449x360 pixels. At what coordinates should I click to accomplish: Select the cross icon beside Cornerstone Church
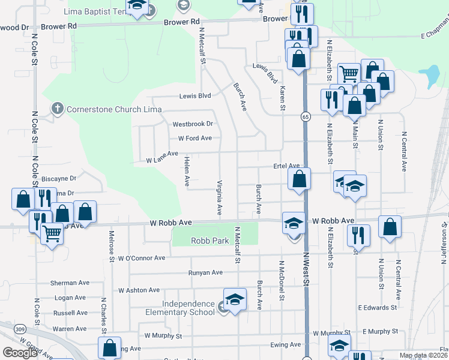[x=57, y=109]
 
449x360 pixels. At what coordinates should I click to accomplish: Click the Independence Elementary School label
[x=180, y=308]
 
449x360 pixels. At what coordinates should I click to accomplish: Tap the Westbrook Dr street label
[x=193, y=124]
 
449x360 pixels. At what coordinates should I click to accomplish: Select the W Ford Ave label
[x=195, y=138]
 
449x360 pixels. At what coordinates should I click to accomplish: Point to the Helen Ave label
[x=187, y=170]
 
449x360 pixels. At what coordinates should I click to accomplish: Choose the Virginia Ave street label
[x=220, y=197]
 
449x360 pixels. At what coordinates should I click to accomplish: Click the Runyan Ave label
[x=205, y=272]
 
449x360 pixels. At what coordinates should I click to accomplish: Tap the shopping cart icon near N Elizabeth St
[x=349, y=74]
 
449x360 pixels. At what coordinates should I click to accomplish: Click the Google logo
[x=20, y=353]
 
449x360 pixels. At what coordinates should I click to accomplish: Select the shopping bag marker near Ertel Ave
[x=298, y=179]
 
